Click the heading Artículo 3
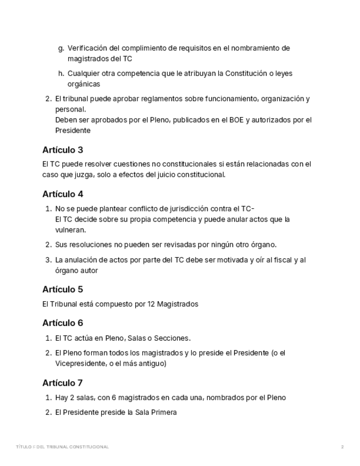63,149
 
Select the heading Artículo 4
63,194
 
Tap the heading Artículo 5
63,289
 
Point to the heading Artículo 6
63,323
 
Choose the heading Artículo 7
63,382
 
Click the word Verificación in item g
87,48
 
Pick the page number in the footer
342,447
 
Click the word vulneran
70,230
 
